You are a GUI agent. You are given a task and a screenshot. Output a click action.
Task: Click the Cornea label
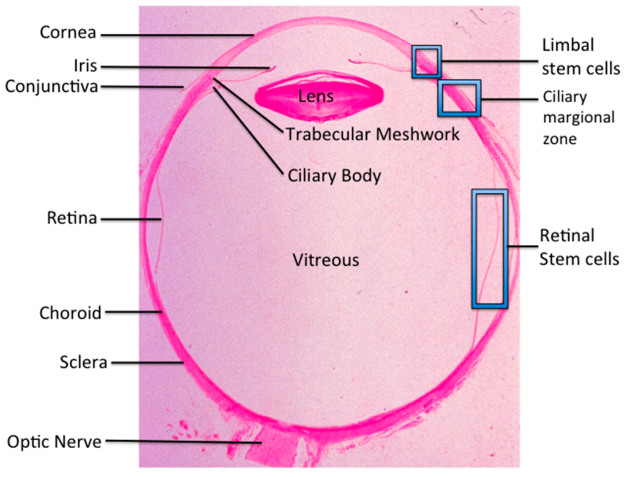68,32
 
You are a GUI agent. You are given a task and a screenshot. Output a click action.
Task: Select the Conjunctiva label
51,87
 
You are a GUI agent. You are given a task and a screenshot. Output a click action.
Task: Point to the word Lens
316,96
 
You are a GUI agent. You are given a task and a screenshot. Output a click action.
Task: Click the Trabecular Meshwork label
372,134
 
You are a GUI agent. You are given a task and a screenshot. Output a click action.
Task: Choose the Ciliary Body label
334,176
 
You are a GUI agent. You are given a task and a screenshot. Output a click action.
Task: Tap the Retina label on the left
72,218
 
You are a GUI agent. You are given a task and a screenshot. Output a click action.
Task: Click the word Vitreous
325,260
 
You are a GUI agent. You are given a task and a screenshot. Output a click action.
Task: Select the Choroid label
70,313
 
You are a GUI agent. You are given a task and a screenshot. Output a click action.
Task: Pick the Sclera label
83,362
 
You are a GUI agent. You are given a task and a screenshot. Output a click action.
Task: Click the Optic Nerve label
54,441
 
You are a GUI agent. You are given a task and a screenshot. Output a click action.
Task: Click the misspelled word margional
578,118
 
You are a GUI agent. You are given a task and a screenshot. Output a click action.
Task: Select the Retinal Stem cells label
579,247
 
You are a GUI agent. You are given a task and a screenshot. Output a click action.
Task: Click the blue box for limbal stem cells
426,62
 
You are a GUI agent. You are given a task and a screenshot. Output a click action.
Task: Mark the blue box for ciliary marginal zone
459,98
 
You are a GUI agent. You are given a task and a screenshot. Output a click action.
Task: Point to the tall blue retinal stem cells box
489,248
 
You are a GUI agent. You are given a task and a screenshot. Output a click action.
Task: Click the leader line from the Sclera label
147,362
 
